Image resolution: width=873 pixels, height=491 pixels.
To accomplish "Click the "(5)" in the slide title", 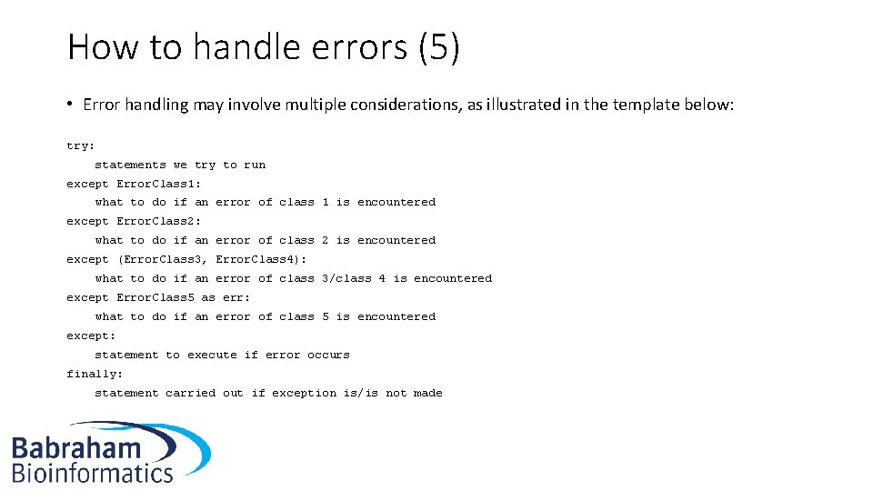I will [x=439, y=47].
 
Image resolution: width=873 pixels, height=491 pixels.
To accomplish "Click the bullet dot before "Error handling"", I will [x=70, y=104].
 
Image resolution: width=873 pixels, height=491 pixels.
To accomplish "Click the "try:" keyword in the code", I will [x=80, y=145].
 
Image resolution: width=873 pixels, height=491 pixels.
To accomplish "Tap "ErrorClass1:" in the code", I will [x=159, y=184].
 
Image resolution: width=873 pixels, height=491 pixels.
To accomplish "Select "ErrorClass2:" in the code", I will [x=159, y=221].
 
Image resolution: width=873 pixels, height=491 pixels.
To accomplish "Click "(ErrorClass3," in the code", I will [x=163, y=259].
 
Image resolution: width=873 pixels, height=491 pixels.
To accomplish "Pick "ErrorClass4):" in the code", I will [x=261, y=259].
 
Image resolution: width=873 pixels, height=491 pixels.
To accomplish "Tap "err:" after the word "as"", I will [x=236, y=297].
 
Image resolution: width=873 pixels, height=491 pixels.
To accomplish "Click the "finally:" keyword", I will [x=95, y=374].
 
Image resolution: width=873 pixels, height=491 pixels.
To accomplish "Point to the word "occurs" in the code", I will [x=328, y=355].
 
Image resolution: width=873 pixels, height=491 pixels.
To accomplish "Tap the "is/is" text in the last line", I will [x=361, y=393].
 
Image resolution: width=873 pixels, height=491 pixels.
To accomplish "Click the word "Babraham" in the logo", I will [x=76, y=448].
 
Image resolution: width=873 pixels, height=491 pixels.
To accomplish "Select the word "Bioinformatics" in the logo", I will [x=92, y=472].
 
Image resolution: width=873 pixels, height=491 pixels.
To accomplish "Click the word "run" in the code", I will [x=255, y=165].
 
